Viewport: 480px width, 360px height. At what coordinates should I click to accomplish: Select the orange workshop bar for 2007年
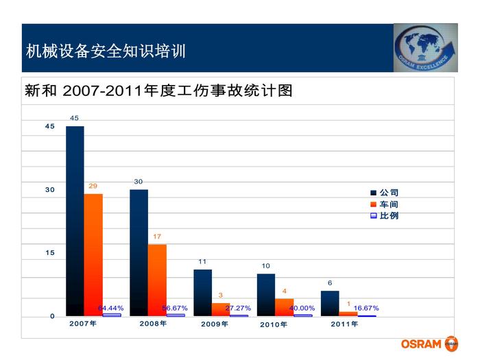coord(93,254)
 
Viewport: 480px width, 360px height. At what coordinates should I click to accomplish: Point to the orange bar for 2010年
coord(284,307)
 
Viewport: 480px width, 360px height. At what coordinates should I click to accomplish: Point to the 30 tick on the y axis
coord(50,190)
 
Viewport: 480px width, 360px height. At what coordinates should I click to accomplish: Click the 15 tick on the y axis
coord(50,253)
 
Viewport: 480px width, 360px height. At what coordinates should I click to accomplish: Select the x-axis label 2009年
coord(215,324)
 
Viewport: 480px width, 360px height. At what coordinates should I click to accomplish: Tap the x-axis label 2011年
coord(344,324)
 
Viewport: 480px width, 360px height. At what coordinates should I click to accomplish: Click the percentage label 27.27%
coord(238,309)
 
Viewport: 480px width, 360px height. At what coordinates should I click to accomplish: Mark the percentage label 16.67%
coord(365,309)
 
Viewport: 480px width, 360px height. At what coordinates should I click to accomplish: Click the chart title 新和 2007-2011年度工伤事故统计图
coord(159,91)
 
